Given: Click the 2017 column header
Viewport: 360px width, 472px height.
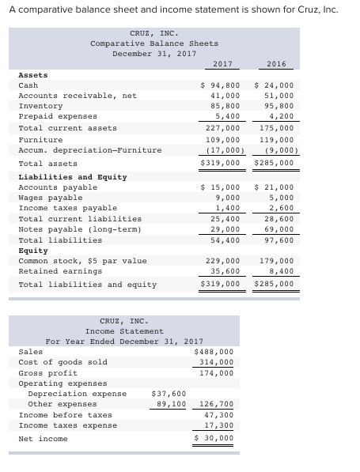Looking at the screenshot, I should point(223,63).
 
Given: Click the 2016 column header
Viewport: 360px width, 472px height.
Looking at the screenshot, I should point(276,63).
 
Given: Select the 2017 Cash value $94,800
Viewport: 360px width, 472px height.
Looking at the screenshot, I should point(221,85).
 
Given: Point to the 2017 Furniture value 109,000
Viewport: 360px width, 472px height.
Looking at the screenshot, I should point(224,139).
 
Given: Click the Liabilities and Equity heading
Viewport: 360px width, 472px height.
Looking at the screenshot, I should point(72,177).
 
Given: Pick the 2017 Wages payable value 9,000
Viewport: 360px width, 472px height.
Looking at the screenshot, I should point(228,198).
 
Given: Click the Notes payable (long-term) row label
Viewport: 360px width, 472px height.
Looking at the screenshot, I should point(80,229).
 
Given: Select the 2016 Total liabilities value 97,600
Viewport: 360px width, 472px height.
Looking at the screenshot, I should point(278,240).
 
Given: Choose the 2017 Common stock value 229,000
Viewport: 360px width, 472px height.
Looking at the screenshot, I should point(222,260).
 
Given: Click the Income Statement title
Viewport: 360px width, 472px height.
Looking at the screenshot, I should point(124,331).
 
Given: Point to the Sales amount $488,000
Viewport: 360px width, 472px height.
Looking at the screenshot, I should point(214,352).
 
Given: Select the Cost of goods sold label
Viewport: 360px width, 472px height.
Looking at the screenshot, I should point(63,362).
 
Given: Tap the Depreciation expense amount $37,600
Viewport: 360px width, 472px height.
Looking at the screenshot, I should point(169,393).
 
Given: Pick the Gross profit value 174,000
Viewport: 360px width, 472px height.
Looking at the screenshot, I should point(216,372).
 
